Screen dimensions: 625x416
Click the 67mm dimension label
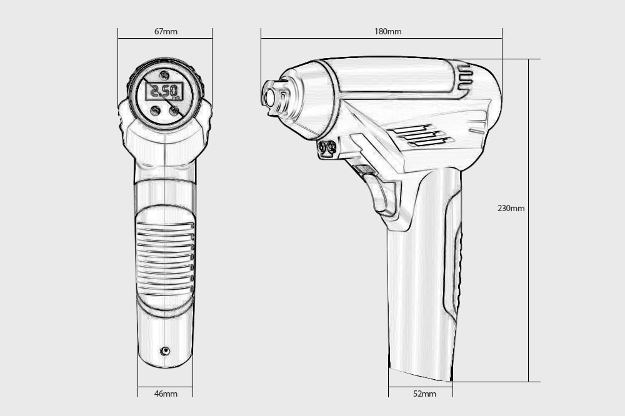coord(166,31)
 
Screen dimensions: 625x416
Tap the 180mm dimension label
coord(388,31)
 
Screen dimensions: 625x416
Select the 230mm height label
coord(511,208)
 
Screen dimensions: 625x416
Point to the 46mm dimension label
coord(166,394)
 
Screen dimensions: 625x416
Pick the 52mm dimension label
coord(424,394)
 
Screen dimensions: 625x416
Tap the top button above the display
coord(164,75)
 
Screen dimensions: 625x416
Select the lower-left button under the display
coord(155,111)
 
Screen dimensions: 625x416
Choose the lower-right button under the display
coord(174,111)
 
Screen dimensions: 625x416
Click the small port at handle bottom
coord(165,351)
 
